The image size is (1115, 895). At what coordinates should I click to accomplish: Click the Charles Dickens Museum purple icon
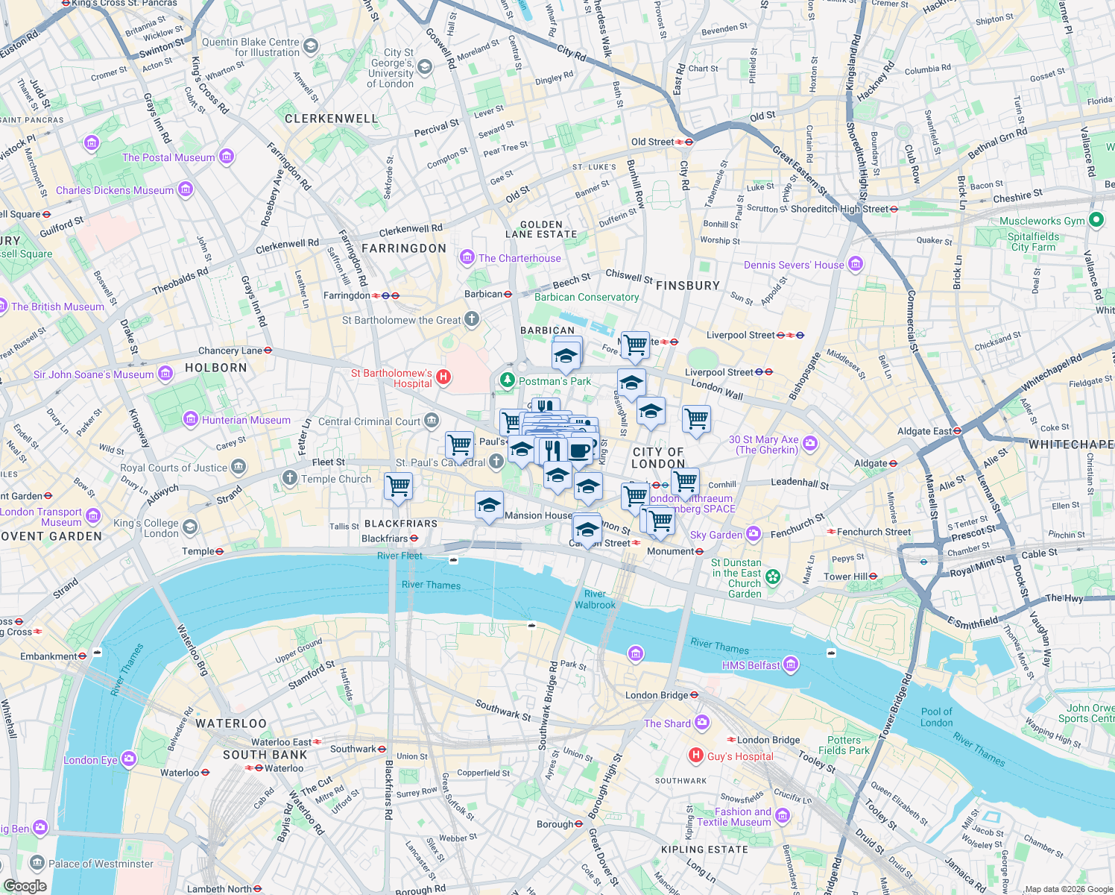tap(186, 190)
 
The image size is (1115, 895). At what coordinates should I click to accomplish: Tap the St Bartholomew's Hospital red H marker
tap(443, 377)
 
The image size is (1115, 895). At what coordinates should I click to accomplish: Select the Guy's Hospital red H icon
tap(696, 756)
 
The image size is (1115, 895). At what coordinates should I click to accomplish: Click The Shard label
tap(667, 723)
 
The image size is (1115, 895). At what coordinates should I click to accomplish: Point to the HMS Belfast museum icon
tap(791, 665)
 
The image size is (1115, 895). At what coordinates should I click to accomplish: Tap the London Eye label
tap(90, 760)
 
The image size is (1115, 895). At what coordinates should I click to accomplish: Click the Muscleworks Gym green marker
tap(1096, 220)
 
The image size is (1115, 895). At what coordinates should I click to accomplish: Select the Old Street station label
tap(652, 142)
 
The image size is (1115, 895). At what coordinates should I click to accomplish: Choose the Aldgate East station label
tap(924, 431)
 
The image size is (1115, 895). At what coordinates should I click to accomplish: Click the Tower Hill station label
tap(845, 577)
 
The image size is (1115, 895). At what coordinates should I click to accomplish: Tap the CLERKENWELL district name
tap(331, 119)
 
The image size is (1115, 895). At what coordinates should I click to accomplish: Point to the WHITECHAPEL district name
tap(1072, 445)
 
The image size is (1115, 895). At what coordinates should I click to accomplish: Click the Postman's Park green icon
tap(508, 380)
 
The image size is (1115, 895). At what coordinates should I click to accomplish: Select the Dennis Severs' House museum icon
tap(856, 264)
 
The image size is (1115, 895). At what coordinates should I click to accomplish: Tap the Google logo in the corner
tap(25, 885)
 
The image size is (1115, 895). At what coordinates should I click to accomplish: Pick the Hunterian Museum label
tap(246, 420)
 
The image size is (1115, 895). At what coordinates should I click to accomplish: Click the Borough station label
tap(555, 824)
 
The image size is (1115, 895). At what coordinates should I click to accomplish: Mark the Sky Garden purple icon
tap(754, 534)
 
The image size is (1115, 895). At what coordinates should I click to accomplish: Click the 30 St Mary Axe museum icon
tap(810, 444)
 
